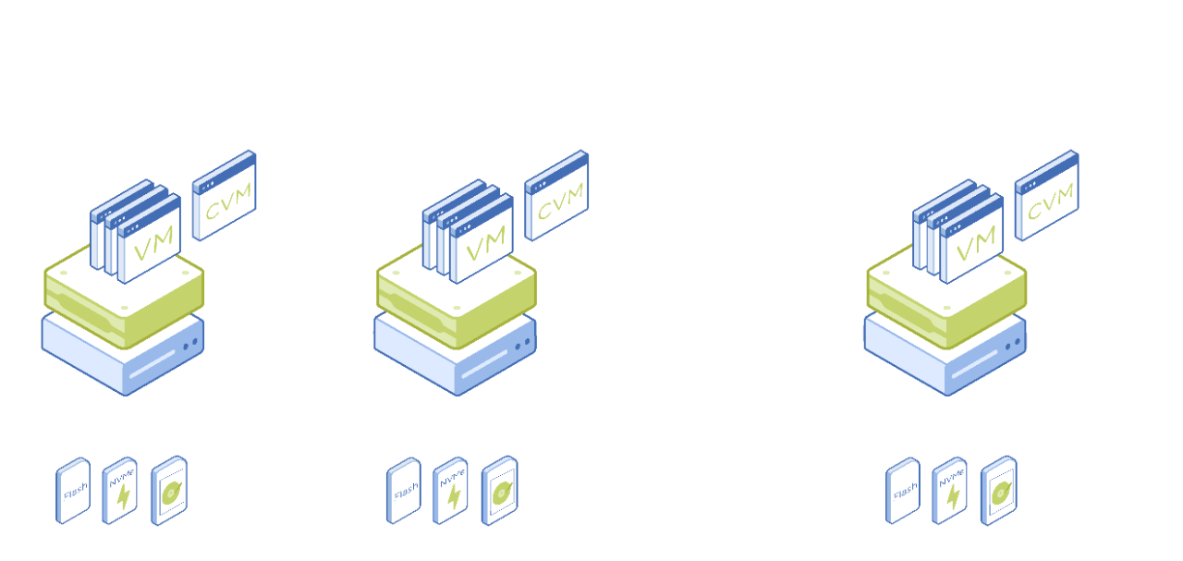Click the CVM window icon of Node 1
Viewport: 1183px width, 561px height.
[x=224, y=196]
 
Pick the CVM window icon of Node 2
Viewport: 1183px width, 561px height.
[x=556, y=196]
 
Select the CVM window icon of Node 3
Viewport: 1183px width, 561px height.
[x=1046, y=196]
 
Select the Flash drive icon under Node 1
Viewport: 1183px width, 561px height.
[x=73, y=491]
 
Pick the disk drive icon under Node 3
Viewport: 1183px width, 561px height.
[x=998, y=491]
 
